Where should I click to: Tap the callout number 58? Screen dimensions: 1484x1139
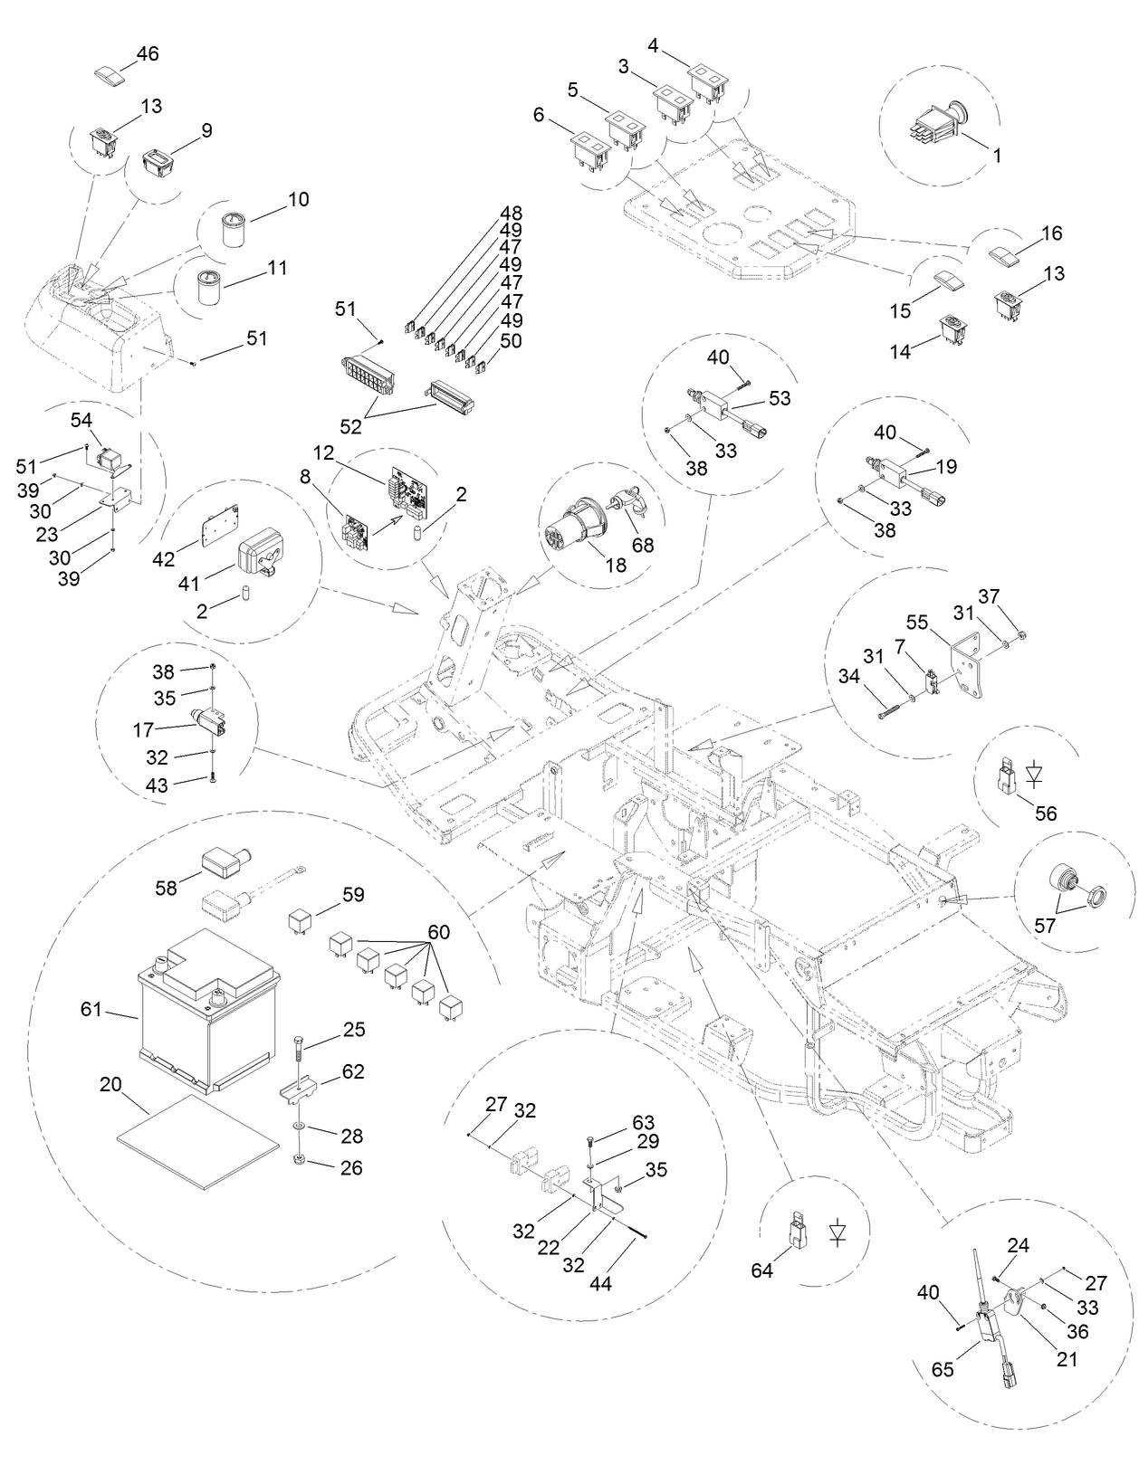pos(166,888)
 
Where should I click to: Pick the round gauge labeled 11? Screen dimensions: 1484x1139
pos(216,289)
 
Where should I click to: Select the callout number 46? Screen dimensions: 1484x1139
pos(147,53)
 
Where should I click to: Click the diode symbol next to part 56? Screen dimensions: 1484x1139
pos(1034,774)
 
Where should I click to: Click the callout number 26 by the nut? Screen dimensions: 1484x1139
pos(351,1167)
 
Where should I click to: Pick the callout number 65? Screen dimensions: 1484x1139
pos(943,1369)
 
